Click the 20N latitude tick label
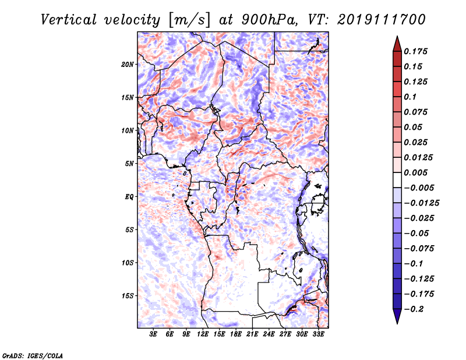coord(128,65)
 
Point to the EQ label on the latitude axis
coord(129,197)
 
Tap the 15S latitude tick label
coord(128,296)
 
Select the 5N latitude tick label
coord(129,164)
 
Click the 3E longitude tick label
coord(153,334)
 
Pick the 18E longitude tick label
coord(236,334)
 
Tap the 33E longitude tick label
coord(318,334)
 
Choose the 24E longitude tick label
coord(269,334)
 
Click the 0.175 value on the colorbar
coord(415,51)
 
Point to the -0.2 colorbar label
coord(414,309)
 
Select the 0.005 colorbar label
coord(415,172)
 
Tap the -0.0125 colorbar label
coord(421,203)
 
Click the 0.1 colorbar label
coord(410,97)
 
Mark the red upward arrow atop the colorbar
coord(397,44)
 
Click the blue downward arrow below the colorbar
coord(397,316)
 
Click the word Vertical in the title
coord(69,20)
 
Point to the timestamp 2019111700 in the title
coord(382,20)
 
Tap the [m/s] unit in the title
coord(189,20)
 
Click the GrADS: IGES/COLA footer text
coord(33,355)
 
